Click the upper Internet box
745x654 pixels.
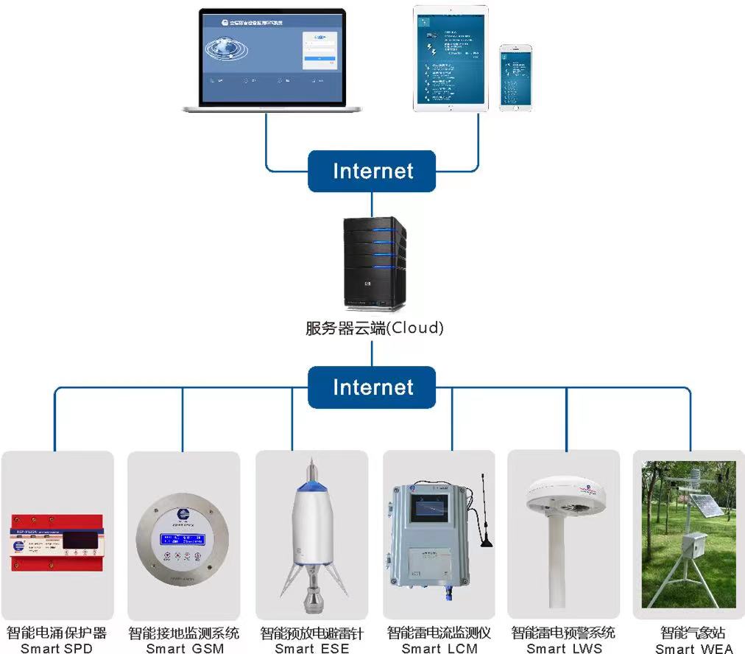pyautogui.click(x=372, y=172)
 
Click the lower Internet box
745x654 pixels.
pyautogui.click(x=372, y=387)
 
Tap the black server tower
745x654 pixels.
pyautogui.click(x=374, y=262)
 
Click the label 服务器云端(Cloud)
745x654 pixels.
pyautogui.click(x=375, y=328)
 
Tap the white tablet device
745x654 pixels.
pyautogui.click(x=451, y=59)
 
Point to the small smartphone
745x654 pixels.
pyautogui.click(x=515, y=77)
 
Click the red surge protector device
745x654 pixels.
pyautogui.click(x=57, y=544)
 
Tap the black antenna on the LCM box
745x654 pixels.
pyautogui.click(x=485, y=516)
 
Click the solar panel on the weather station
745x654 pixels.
pyautogui.click(x=707, y=507)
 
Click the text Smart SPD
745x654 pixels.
pyautogui.click(x=57, y=648)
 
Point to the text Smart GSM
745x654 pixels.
pyautogui.click(x=184, y=648)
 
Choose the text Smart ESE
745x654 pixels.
pyautogui.click(x=312, y=648)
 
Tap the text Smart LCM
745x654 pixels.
pyautogui.click(x=439, y=648)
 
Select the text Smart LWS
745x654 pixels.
pyautogui.click(x=564, y=648)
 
